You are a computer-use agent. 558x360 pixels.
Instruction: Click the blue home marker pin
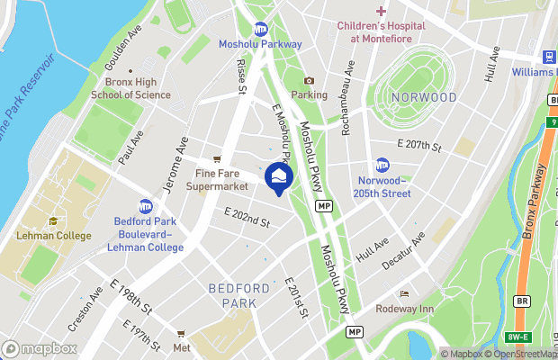279,176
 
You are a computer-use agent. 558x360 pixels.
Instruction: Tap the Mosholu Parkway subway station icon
261,29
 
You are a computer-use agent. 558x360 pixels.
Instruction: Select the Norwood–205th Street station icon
382,165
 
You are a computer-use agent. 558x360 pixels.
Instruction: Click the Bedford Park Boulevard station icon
145,206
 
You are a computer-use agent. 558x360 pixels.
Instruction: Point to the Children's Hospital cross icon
381,11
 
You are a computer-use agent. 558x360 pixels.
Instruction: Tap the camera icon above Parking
309,81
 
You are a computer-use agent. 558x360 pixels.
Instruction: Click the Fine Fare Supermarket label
216,180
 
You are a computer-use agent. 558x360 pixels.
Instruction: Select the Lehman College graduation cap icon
53,221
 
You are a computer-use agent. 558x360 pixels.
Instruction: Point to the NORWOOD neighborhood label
423,97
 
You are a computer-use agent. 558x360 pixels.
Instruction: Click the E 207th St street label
419,144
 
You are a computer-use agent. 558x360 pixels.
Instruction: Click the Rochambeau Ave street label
346,98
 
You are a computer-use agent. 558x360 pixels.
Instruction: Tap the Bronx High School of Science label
131,87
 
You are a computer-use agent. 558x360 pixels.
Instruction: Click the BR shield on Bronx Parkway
523,301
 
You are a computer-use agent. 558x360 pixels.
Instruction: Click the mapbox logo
39,348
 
